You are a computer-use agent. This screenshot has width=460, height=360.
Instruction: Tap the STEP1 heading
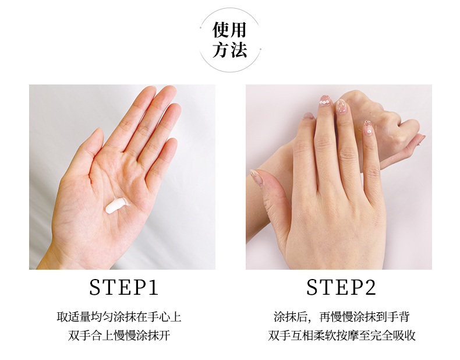click(123, 287)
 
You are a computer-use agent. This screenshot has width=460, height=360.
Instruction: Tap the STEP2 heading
click(341, 287)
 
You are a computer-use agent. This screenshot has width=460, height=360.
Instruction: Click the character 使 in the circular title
click(221, 30)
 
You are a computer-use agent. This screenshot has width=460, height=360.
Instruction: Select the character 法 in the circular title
click(238, 50)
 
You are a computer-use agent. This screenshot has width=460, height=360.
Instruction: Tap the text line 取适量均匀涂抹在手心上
click(119, 317)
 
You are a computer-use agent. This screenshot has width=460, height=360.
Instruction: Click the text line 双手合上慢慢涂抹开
click(119, 336)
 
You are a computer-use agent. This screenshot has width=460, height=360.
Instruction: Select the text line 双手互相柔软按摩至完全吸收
click(341, 336)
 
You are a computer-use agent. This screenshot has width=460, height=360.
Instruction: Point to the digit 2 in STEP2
click(370, 287)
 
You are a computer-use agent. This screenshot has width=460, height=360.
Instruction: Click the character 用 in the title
click(238, 30)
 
